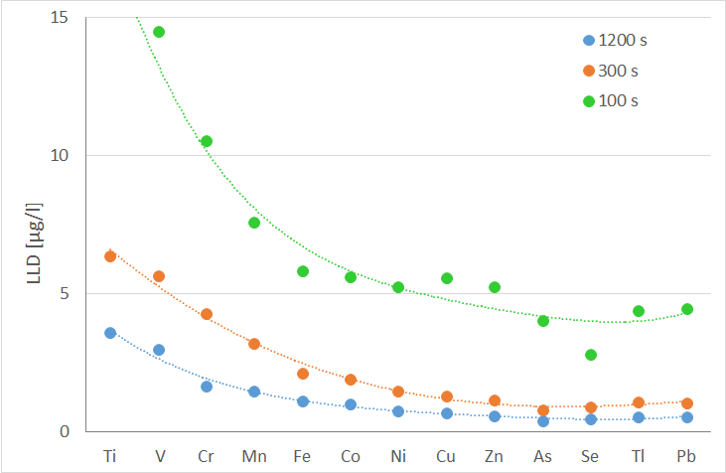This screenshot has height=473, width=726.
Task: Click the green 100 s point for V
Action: pyautogui.click(x=159, y=32)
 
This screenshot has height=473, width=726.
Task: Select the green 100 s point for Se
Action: pyautogui.click(x=591, y=355)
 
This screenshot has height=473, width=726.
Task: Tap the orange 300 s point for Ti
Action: pyautogui.click(x=110, y=256)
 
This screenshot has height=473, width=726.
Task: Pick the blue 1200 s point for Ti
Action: pyautogui.click(x=110, y=333)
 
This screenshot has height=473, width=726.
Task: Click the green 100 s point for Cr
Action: pyautogui.click(x=207, y=141)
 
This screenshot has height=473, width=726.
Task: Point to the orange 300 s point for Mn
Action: pyautogui.click(x=254, y=344)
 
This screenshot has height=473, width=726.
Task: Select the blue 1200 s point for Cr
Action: pyautogui.click(x=207, y=387)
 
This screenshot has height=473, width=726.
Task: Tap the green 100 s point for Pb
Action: pyautogui.click(x=687, y=309)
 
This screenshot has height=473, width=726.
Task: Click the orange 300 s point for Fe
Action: pyautogui.click(x=303, y=374)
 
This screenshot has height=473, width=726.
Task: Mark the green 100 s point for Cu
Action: pyautogui.click(x=447, y=278)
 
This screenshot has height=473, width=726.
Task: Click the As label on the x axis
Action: pyautogui.click(x=543, y=456)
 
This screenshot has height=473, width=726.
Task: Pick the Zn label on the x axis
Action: pyautogui.click(x=495, y=456)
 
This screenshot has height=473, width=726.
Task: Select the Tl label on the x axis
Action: pyautogui.click(x=639, y=456)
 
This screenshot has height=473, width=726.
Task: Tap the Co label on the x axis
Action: pyautogui.click(x=351, y=456)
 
